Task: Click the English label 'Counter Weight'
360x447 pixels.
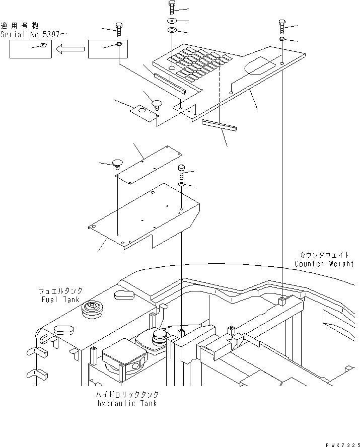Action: coord(324,264)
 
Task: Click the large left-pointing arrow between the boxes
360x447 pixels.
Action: coord(70,49)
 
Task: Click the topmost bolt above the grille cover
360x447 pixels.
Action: coord(171,8)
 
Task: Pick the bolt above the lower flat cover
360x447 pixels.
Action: coord(181,172)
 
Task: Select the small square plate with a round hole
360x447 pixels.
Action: coord(143,112)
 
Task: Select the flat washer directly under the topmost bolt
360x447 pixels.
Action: coord(171,21)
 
